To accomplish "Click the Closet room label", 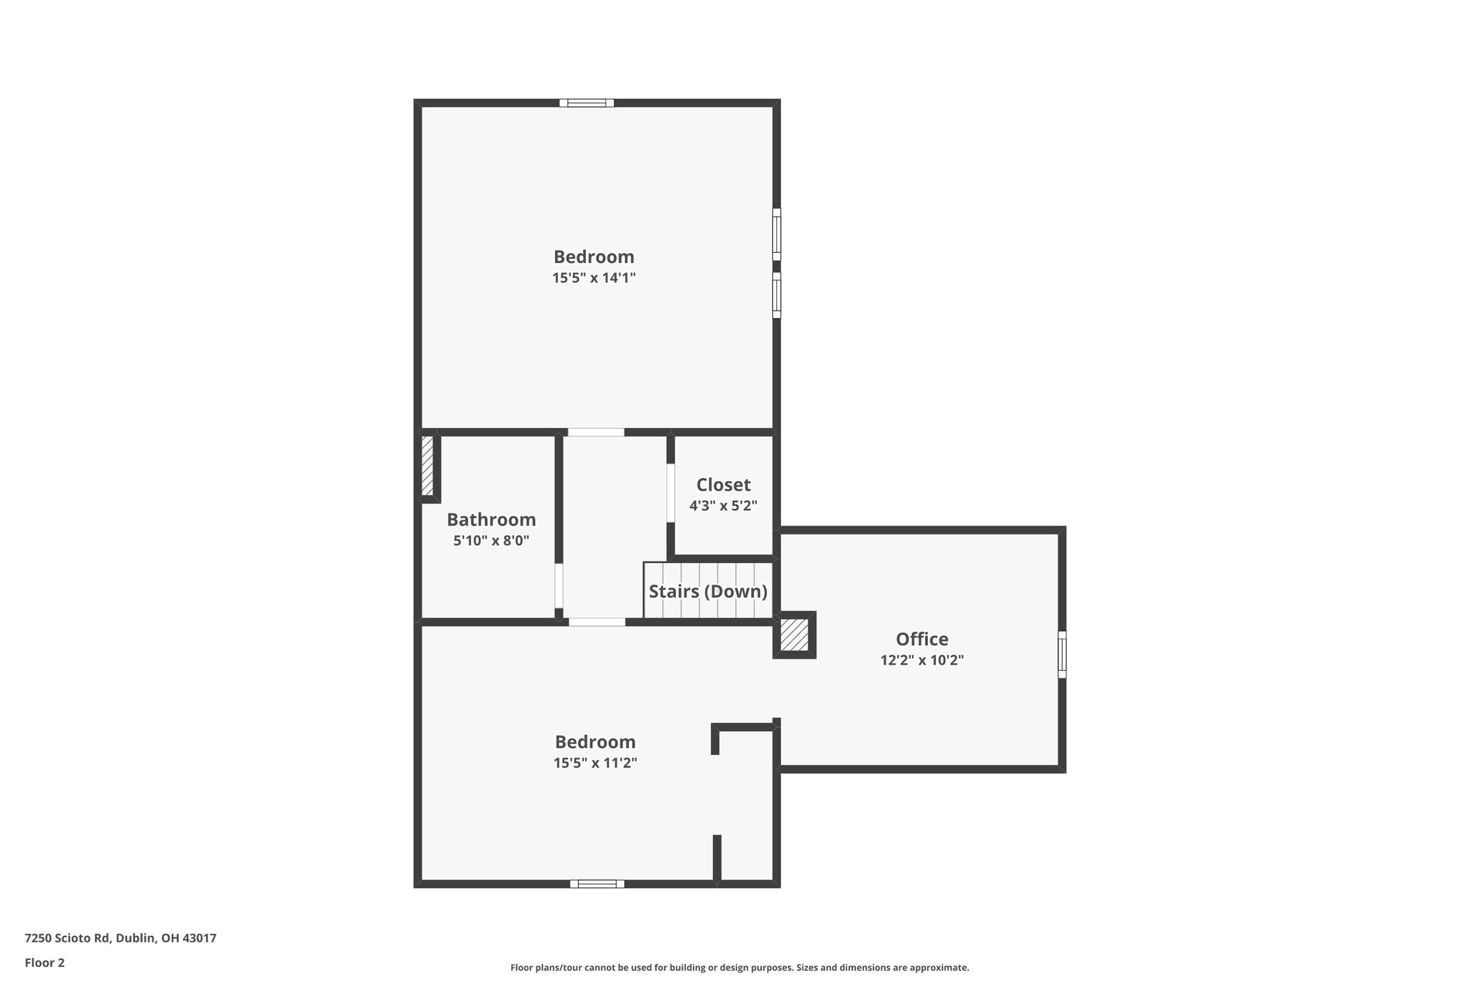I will (723, 485).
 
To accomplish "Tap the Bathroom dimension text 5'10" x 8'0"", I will (491, 541).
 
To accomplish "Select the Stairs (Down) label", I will (708, 591).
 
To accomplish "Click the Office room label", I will (922, 639).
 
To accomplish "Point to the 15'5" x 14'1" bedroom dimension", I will (594, 278).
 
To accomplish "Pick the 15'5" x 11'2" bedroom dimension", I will (595, 763).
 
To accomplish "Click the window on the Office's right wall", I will (1061, 655).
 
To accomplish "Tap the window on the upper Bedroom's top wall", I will (587, 103).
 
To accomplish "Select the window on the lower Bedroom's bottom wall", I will (597, 884).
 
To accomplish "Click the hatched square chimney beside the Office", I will (794, 635).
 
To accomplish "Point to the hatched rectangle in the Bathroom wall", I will (428, 466).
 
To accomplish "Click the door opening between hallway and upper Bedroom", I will (596, 433).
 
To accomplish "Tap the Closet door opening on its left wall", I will (671, 493).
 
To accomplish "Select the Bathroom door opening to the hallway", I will (559, 586).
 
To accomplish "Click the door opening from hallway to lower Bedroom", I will (597, 622).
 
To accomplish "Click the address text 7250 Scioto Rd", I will (120, 938).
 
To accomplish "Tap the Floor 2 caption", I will (45, 962).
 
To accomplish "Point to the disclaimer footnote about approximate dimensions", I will (739, 968).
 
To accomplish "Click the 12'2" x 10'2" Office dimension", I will (922, 660).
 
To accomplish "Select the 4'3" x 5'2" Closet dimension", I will (723, 506).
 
